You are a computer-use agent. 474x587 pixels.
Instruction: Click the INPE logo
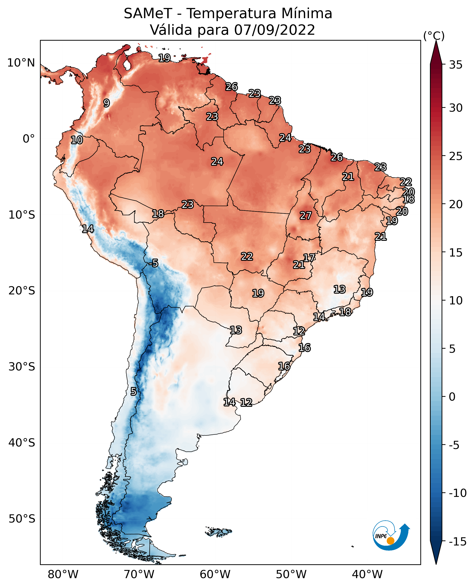coord(391,535)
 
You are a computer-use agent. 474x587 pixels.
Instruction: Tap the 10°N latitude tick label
coord(21,63)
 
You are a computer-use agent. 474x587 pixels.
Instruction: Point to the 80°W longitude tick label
coord(63,574)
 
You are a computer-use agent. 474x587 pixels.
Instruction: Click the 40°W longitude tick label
coord(367,574)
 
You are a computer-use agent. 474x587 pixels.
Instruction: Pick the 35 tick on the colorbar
coord(456,65)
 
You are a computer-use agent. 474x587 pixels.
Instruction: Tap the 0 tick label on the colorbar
coord(452,397)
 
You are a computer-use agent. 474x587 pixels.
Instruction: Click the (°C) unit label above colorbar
coord(434,36)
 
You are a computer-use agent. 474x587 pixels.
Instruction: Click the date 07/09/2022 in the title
coord(274,30)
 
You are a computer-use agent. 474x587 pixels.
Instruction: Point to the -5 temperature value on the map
coord(153,263)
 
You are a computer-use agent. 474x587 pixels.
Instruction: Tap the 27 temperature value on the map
coord(306,215)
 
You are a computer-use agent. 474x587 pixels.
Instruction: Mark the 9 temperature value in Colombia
coord(107,103)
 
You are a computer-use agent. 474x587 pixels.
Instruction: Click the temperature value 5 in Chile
coord(133,391)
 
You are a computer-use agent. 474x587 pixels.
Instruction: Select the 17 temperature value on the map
coord(309,257)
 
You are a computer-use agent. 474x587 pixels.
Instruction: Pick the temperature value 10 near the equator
coord(77,140)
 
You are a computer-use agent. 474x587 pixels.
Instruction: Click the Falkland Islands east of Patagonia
coord(218,532)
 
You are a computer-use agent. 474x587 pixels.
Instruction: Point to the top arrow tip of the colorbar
coord(436,41)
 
